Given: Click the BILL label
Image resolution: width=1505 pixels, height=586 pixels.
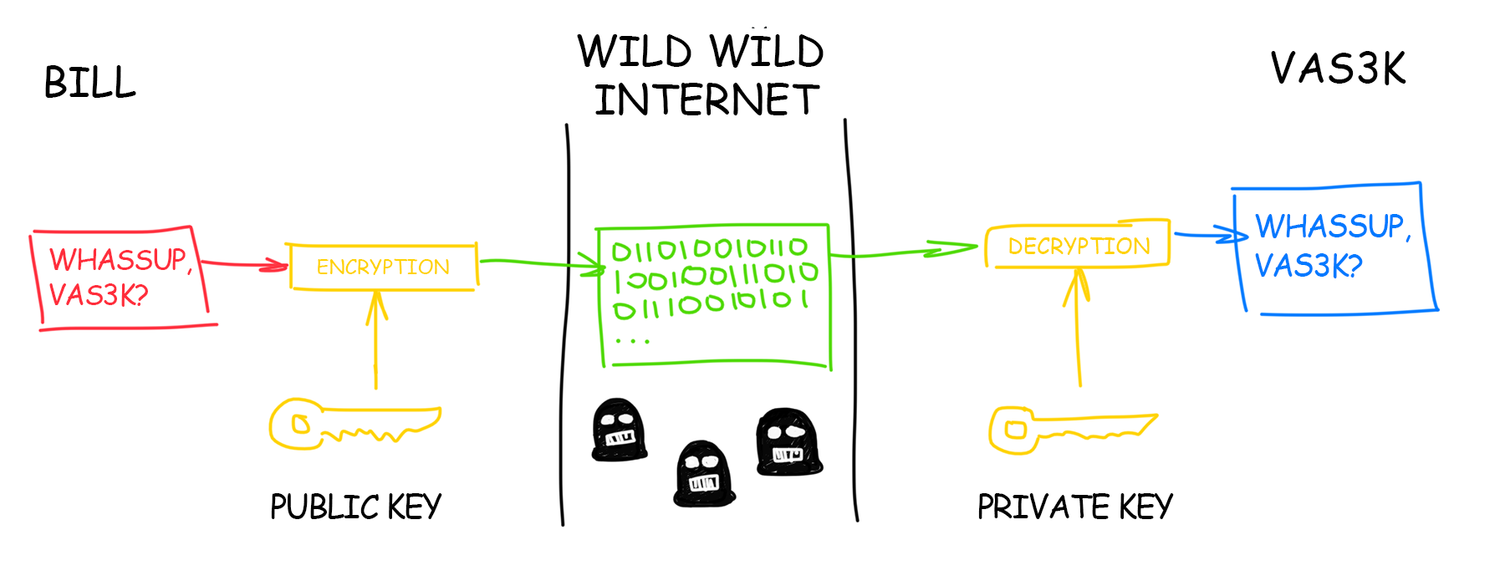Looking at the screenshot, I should pyautogui.click(x=89, y=83).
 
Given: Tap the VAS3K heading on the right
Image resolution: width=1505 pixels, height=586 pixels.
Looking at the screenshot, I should pyautogui.click(x=1338, y=69).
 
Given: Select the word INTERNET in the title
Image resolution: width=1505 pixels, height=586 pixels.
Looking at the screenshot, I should pyautogui.click(x=707, y=100).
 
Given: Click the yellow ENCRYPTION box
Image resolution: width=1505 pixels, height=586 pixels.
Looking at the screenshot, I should pyautogui.click(x=383, y=267).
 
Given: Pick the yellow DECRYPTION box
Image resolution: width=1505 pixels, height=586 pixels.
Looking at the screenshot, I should pyautogui.click(x=1078, y=246).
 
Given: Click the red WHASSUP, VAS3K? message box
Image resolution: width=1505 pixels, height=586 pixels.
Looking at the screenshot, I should pyautogui.click(x=120, y=277).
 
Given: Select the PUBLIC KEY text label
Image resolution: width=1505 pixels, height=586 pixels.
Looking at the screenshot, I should pyautogui.click(x=355, y=507).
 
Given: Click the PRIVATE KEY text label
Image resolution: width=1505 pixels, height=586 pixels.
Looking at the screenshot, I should pyautogui.click(x=1075, y=507).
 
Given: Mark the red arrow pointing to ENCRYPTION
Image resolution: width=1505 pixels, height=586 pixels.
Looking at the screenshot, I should pyautogui.click(x=244, y=264).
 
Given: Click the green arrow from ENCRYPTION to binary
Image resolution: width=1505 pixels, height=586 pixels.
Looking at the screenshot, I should pyautogui.click(x=539, y=264).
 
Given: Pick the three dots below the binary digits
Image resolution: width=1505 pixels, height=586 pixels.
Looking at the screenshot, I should pyautogui.click(x=632, y=341).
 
